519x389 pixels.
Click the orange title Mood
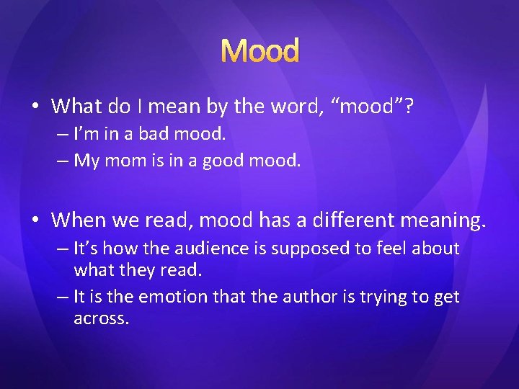259,51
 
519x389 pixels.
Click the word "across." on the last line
102,319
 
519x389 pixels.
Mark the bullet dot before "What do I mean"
35,107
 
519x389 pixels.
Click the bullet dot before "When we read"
35,219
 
